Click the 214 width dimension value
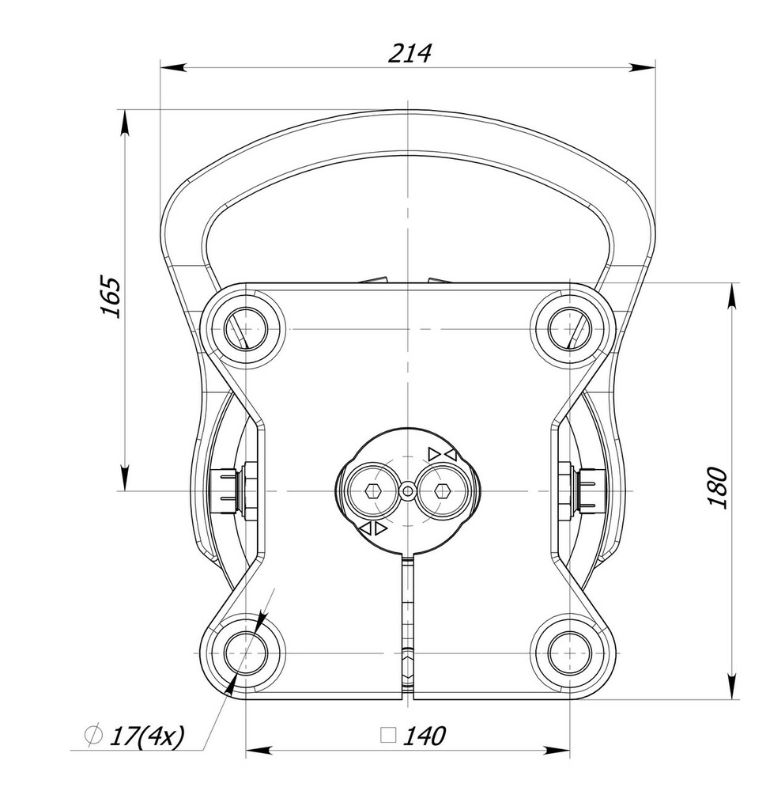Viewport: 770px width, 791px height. tap(410, 53)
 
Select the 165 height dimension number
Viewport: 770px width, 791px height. tap(111, 296)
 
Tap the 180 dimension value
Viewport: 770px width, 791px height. tap(717, 488)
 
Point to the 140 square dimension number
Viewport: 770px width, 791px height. tap(424, 736)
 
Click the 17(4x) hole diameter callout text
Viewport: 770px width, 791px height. tap(147, 736)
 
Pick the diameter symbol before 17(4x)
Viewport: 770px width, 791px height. tap(93, 736)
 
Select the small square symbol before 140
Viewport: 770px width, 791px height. tap(388, 736)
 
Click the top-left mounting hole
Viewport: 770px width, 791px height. tap(245, 329)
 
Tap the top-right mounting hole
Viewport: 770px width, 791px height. tap(569, 329)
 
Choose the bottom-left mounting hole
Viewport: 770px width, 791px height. tap(245, 653)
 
